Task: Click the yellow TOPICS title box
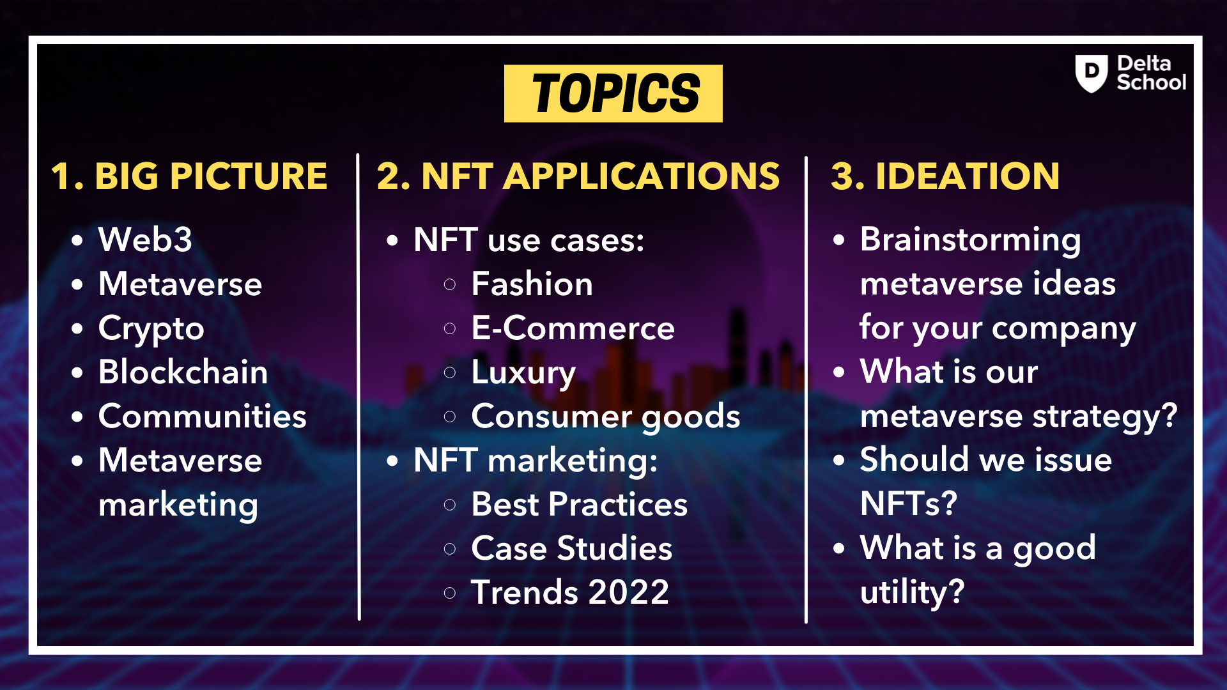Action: (x=613, y=93)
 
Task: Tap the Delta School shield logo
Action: (x=1091, y=73)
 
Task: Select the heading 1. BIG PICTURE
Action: (x=189, y=176)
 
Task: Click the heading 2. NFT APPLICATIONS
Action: (x=578, y=176)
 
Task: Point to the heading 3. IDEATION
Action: (x=945, y=176)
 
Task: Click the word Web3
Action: (x=145, y=240)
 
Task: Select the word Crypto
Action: (x=151, y=329)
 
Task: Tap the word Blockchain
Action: (x=183, y=372)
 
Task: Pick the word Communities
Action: (x=202, y=417)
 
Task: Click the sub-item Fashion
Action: (x=532, y=284)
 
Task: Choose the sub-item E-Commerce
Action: (x=573, y=328)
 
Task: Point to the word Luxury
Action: (x=523, y=373)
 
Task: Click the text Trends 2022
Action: (x=569, y=592)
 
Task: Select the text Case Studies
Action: (x=571, y=548)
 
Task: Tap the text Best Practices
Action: (x=579, y=504)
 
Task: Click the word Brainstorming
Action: (x=970, y=240)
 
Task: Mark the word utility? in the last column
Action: (x=912, y=592)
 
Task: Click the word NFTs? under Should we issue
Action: (x=908, y=504)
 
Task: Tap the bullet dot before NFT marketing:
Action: (x=392, y=461)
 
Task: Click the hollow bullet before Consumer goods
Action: (x=450, y=417)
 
